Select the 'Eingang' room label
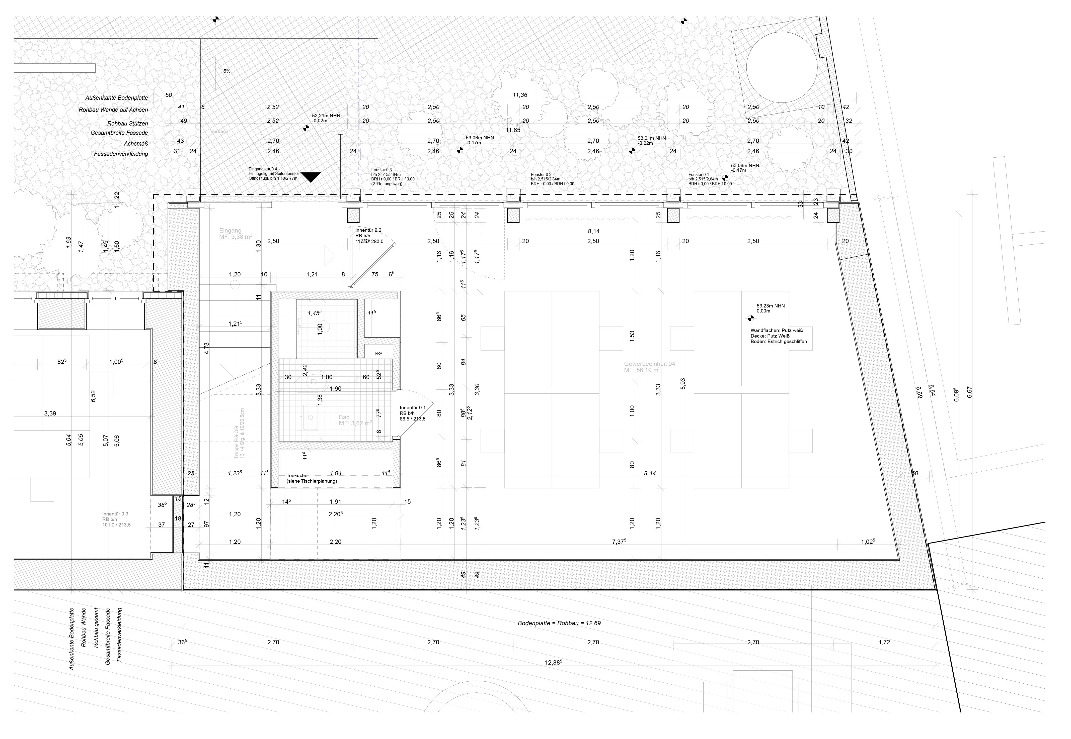(230, 231)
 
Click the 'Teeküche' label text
(297, 476)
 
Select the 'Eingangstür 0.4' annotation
(263, 169)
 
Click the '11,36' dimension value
(520, 95)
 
